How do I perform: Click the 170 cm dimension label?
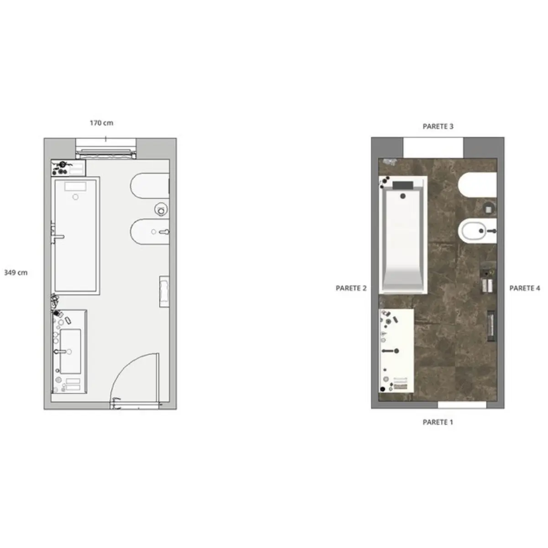coord(101,123)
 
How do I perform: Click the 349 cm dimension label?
coord(16,273)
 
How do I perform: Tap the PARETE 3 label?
coord(438,126)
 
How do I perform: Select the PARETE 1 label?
coord(438,422)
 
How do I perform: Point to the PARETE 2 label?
coord(351,288)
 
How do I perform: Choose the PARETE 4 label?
coord(525,288)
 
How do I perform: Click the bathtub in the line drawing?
coord(75,236)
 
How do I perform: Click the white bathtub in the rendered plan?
coord(403,235)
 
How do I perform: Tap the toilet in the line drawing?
coord(150,186)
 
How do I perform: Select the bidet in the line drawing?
coord(150,232)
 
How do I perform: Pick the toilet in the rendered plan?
coord(478,185)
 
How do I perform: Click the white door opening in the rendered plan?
coord(462,405)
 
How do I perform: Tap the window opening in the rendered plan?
coord(433,148)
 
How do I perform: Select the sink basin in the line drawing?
coord(70,352)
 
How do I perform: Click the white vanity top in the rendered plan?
coord(396,351)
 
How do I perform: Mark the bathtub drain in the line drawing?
coord(75,197)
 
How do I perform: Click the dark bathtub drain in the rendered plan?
coord(403,196)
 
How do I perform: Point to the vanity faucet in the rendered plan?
coord(390,351)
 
